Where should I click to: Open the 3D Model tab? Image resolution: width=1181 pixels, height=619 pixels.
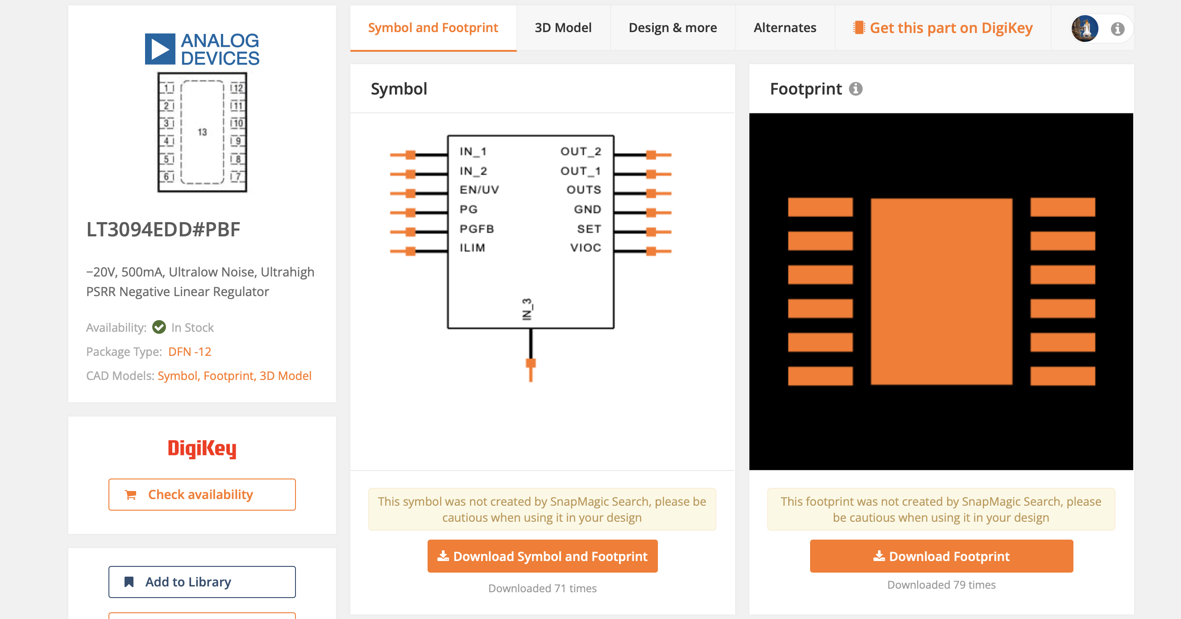(x=563, y=28)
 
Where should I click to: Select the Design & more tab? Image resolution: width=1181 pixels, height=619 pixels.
(x=673, y=28)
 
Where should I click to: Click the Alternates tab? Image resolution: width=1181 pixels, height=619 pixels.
(x=785, y=28)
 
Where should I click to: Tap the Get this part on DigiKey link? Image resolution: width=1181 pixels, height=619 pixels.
(x=943, y=28)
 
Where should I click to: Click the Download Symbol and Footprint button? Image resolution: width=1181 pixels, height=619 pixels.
(x=542, y=556)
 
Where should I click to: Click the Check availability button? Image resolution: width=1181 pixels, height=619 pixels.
(x=202, y=495)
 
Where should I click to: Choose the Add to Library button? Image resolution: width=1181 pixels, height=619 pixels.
(x=202, y=582)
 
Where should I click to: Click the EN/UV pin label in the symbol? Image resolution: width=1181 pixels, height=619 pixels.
(x=479, y=190)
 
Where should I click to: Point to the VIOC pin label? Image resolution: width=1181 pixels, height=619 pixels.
(x=586, y=248)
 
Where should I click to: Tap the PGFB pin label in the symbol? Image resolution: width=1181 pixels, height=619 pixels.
(x=477, y=229)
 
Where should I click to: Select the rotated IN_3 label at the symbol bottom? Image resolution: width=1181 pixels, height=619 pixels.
(x=527, y=309)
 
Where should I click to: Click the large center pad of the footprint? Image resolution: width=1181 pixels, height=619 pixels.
(x=942, y=291)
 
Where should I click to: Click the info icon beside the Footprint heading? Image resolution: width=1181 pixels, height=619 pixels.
(x=856, y=89)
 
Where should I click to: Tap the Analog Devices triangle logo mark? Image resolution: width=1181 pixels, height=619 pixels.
(x=160, y=49)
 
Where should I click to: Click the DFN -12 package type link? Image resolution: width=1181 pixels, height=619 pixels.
(x=190, y=352)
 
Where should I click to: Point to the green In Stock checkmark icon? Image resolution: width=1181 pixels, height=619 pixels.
(x=159, y=327)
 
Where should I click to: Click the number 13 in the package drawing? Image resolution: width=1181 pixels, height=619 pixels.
(x=202, y=132)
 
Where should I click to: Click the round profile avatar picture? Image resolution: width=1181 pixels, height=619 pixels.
(x=1085, y=29)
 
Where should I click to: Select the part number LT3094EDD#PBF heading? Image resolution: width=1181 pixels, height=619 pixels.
(x=163, y=230)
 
